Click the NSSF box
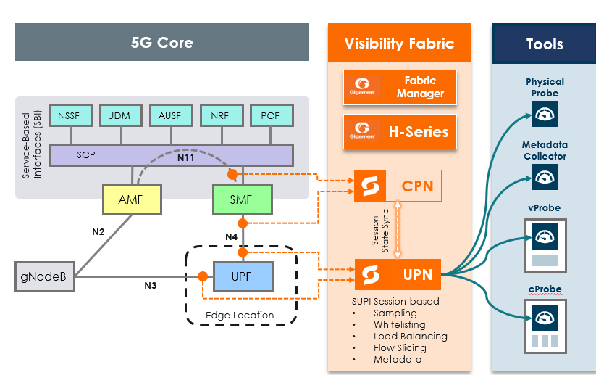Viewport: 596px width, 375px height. tap(70, 115)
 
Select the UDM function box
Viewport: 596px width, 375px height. tap(119, 115)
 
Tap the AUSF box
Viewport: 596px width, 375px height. tap(170, 115)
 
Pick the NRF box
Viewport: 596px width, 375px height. tap(221, 115)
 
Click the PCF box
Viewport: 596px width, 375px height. tap(272, 115)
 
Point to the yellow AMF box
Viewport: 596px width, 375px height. tap(133, 199)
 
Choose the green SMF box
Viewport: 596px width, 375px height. tap(242, 199)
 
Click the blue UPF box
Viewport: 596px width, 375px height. tap(242, 276)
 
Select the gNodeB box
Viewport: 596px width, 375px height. tap(45, 276)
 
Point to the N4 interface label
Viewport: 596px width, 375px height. tap(231, 236)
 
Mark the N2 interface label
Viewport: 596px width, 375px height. tap(99, 233)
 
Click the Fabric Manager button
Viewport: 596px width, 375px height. tap(400, 87)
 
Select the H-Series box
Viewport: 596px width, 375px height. tap(400, 132)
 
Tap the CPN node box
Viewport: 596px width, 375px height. tap(398, 186)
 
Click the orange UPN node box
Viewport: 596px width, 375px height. tap(398, 274)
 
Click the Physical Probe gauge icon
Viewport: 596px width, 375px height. tap(545, 114)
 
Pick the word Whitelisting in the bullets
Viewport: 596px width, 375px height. tap(399, 324)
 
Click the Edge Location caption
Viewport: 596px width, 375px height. tap(240, 315)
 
